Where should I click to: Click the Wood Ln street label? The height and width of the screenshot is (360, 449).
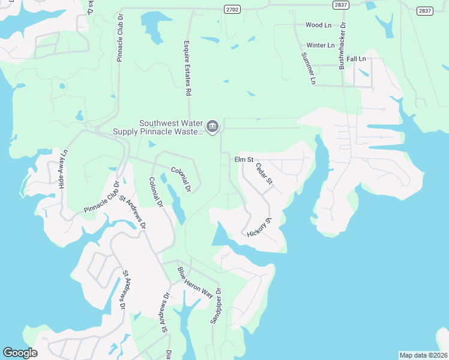click(318, 25)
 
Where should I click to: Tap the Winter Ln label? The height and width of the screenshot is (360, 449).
click(320, 46)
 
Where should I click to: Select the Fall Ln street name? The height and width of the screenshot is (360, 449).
click(356, 59)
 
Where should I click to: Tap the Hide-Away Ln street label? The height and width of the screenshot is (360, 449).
click(61, 170)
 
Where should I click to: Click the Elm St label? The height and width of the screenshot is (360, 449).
click(244, 160)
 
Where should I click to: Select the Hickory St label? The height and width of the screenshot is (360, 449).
click(260, 228)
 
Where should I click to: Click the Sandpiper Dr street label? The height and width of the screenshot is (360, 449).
click(215, 306)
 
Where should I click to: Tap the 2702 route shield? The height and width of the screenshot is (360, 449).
click(232, 9)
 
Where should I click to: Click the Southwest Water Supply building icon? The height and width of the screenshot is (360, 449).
click(212, 127)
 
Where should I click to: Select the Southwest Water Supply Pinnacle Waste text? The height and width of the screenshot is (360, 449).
click(158, 127)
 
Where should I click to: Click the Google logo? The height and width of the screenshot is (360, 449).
click(20, 353)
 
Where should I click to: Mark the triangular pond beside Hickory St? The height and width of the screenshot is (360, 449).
click(220, 235)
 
